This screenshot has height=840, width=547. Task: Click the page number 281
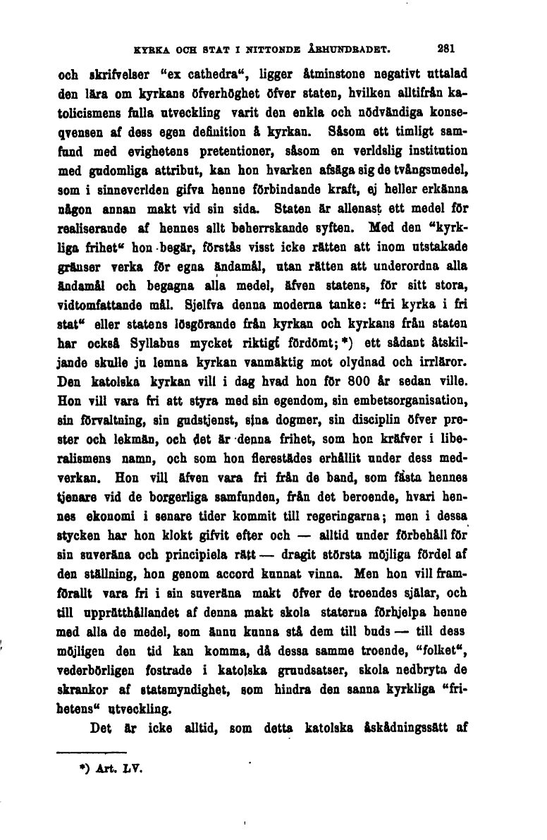point(446,49)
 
